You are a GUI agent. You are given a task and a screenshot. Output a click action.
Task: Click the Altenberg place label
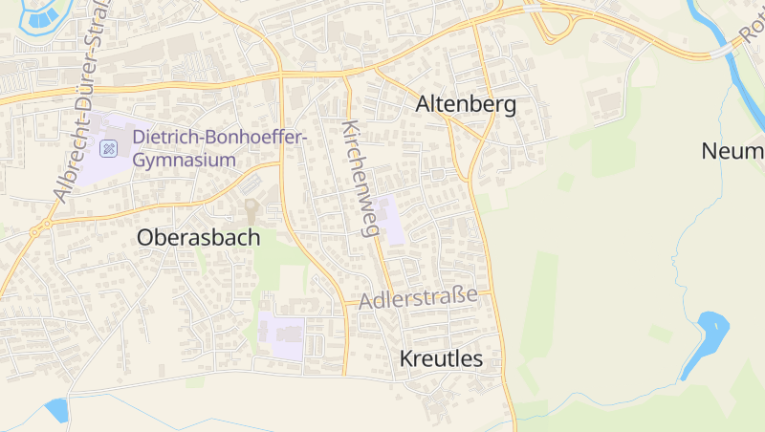tap(466, 105)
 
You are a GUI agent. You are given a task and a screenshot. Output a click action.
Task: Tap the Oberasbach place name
tap(198, 238)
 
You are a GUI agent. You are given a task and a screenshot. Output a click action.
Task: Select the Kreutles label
tap(440, 359)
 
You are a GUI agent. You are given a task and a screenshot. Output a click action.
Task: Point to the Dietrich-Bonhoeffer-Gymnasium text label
tap(219, 148)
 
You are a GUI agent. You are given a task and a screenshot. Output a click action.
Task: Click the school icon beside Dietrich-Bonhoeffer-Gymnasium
tap(109, 148)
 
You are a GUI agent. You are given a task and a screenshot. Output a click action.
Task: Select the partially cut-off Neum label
tap(732, 151)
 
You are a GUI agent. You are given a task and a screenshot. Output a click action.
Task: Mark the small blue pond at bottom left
tap(56, 410)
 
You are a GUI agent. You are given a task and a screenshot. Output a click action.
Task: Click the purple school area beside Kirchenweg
tap(392, 219)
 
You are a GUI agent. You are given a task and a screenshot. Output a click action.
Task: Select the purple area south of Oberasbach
tap(281, 335)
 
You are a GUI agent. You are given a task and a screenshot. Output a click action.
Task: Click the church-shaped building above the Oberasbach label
tap(251, 210)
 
